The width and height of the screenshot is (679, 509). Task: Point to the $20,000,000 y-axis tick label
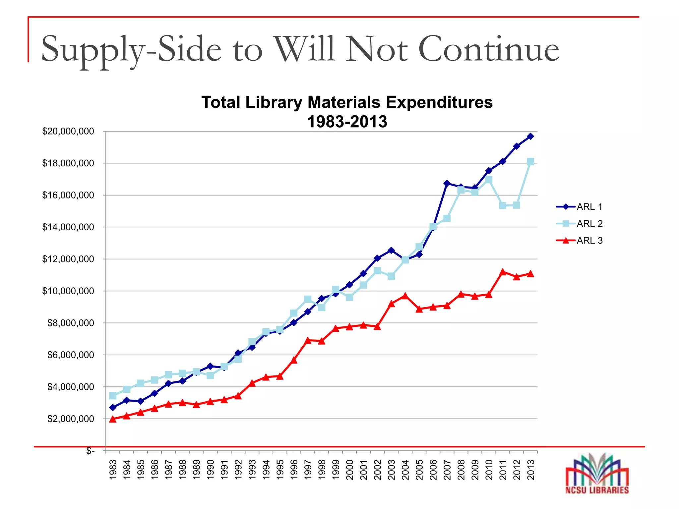(x=68, y=132)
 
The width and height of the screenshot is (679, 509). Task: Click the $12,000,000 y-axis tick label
(x=68, y=259)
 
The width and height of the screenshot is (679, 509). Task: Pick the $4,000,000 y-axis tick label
(x=71, y=387)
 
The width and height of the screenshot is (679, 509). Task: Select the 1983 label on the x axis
(x=113, y=470)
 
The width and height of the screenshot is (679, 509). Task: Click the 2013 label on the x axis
(x=530, y=470)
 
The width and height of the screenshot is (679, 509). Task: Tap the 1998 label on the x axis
(x=322, y=470)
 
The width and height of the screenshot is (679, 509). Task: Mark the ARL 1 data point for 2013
(x=530, y=136)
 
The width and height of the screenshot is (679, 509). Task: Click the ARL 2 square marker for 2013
(x=530, y=162)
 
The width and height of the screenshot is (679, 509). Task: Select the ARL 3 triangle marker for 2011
(x=503, y=272)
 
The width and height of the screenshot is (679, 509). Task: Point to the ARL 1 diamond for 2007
(x=447, y=183)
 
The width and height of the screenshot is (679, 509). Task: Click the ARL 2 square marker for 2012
(x=517, y=205)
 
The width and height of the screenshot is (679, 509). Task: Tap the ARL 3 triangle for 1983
(x=113, y=419)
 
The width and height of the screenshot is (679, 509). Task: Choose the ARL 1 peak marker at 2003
(x=391, y=250)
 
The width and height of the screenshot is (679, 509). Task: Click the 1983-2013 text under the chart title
(x=347, y=122)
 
